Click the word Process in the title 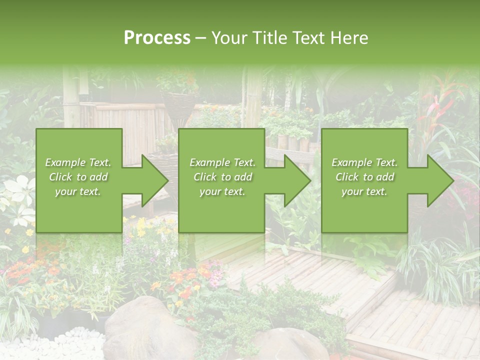click(157, 38)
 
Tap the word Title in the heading click(268, 38)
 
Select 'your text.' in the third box click(364, 191)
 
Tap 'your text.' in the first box click(77, 191)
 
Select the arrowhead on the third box click(439, 180)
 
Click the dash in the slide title click(201, 38)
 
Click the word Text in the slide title click(308, 38)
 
